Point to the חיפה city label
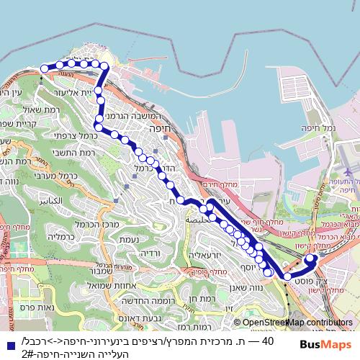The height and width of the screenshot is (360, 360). (151, 126)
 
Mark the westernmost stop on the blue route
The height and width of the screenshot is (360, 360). (44, 68)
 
